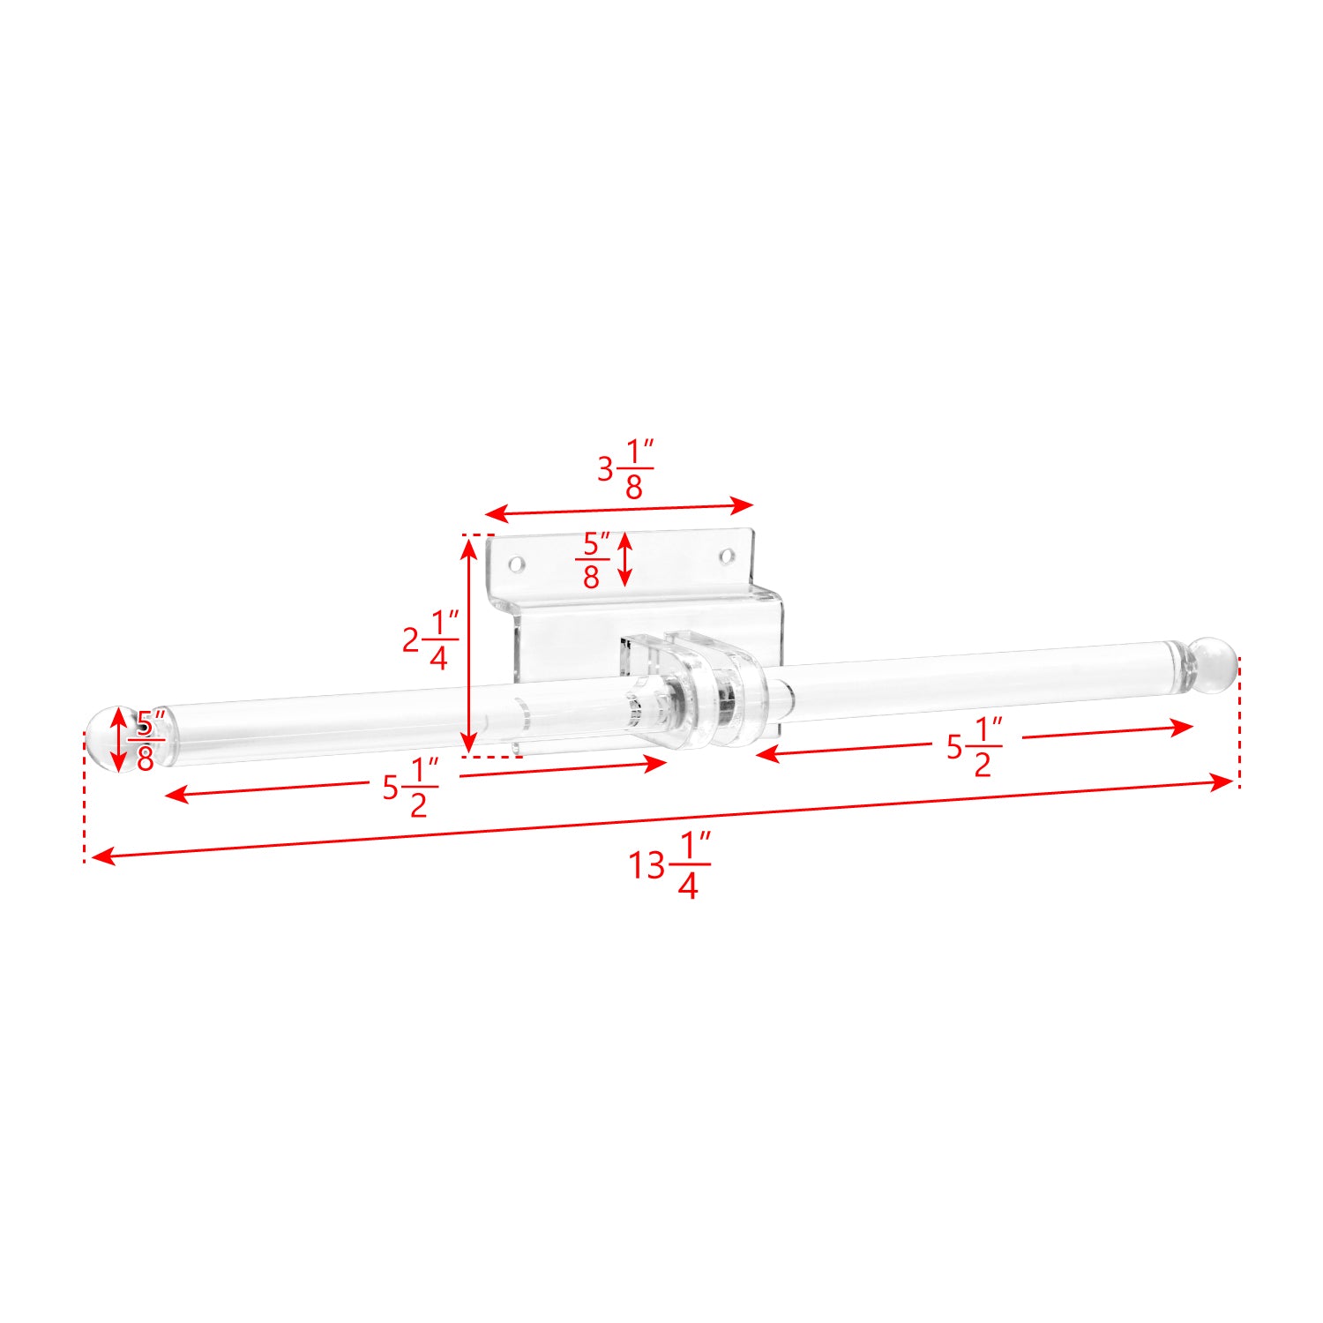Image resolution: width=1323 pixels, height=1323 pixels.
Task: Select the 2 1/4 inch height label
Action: point(430,639)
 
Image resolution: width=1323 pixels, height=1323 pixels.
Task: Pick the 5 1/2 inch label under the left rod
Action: point(410,788)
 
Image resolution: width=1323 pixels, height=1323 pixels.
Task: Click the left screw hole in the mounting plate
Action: point(518,563)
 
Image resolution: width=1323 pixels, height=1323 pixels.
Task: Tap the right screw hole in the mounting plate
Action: point(727,556)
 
